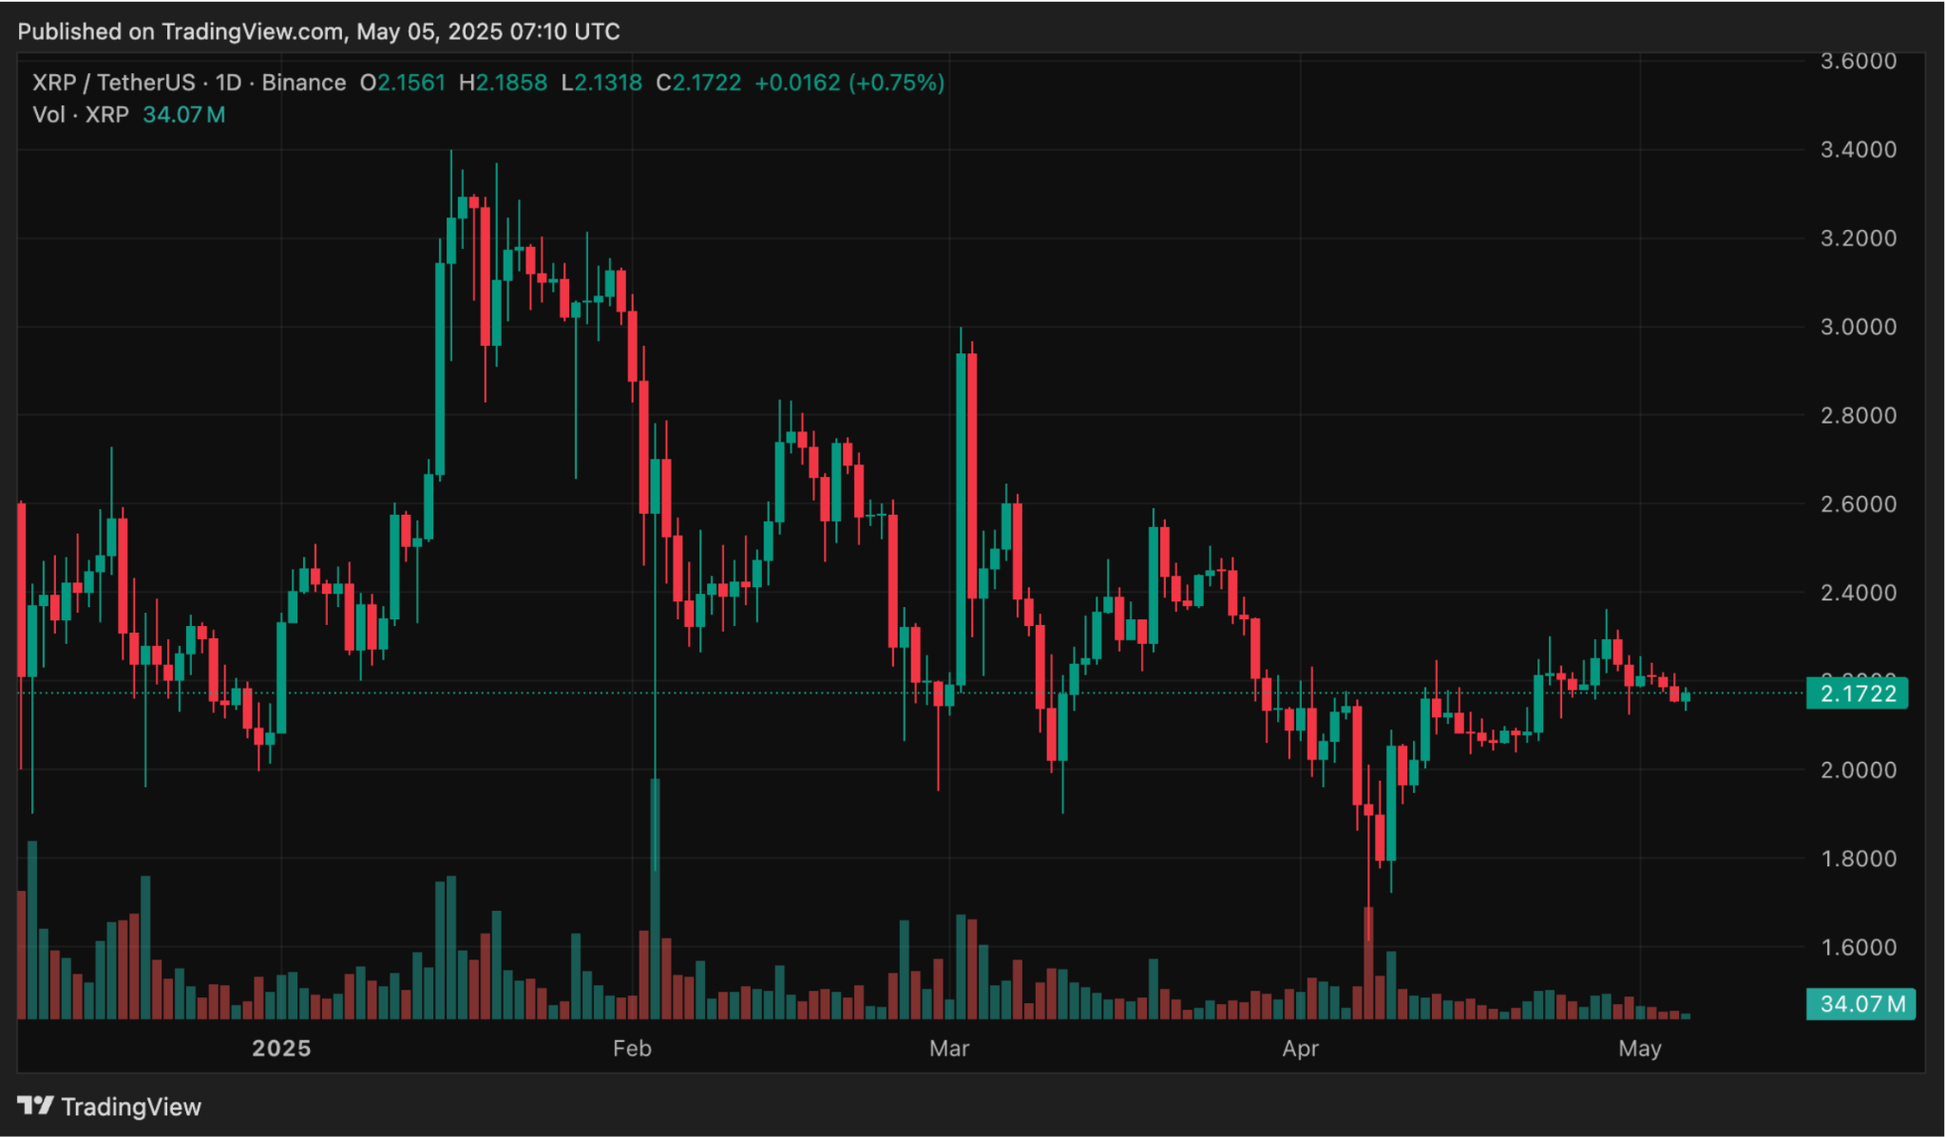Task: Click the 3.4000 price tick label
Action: (x=1858, y=149)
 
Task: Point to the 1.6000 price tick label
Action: (x=1858, y=947)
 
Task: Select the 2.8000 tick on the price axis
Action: (x=1858, y=415)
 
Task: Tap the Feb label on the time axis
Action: (x=632, y=1048)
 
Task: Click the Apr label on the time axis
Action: (x=1300, y=1048)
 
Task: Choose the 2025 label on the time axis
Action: (x=281, y=1048)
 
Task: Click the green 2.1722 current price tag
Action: (x=1858, y=693)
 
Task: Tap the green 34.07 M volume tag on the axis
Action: (x=1861, y=1004)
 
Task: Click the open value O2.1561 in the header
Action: (x=403, y=83)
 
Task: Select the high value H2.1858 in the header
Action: (x=503, y=83)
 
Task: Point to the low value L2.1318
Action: (x=601, y=83)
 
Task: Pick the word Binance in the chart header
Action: (x=303, y=83)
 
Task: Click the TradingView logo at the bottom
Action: (x=110, y=1107)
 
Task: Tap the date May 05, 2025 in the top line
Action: (x=429, y=31)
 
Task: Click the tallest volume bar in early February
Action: (x=655, y=898)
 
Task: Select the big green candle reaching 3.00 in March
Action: (x=961, y=518)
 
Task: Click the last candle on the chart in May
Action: (x=1686, y=698)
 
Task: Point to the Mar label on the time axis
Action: (x=949, y=1048)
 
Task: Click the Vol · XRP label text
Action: (x=81, y=115)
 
